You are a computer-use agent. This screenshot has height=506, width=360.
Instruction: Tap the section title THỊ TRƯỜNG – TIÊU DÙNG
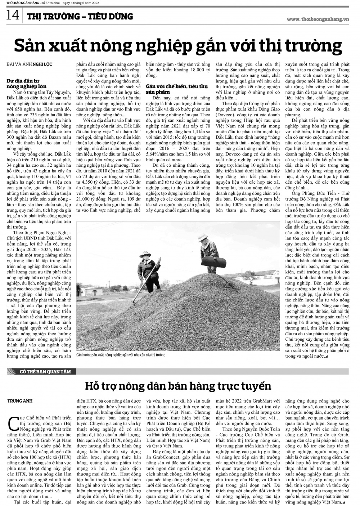click(x=80, y=16)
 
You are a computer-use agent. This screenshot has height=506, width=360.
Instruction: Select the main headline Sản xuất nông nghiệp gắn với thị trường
click(x=177, y=46)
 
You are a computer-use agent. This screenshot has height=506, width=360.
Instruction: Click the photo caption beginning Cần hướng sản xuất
click(x=121, y=355)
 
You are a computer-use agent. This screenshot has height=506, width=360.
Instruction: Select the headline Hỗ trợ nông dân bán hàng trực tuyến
click(x=178, y=386)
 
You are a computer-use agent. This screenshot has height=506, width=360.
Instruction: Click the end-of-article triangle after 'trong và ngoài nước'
click(x=326, y=356)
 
